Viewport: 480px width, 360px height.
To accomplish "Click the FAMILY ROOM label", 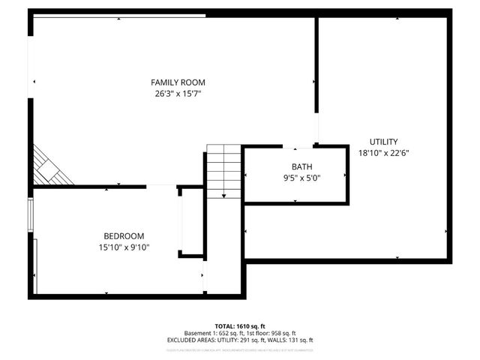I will coord(178,82).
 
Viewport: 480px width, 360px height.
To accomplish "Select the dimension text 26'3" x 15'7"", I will coord(178,94).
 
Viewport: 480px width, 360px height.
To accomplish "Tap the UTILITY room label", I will coord(383,142).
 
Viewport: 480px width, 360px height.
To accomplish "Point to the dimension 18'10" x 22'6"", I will coord(383,152).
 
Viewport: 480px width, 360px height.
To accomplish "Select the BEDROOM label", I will coord(123,235).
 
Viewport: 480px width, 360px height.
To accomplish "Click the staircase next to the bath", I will coord(223,172).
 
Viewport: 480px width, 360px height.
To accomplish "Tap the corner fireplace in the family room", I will coord(49,166).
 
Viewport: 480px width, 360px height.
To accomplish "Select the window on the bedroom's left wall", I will coord(30,214).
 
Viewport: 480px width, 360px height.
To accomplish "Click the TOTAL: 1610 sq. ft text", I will coord(240,326).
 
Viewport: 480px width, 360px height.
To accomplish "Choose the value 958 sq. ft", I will coord(282,333).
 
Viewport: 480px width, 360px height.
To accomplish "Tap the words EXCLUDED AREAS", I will coord(190,340).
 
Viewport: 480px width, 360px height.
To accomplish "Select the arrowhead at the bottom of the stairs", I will coord(223,196).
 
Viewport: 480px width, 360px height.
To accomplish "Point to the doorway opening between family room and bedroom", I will coord(161,186).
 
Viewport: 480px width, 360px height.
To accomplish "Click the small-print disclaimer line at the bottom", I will coord(240,349).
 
